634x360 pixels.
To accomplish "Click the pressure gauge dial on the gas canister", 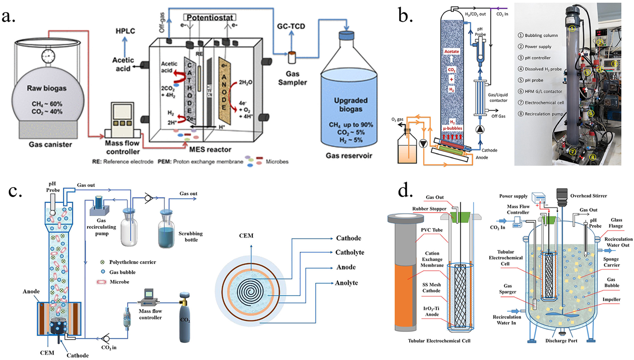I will click(48, 56).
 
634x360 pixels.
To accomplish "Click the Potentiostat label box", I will click(210, 17).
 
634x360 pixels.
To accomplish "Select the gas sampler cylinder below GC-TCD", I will click(292, 57).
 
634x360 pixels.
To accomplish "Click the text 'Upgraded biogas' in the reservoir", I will click(350, 105).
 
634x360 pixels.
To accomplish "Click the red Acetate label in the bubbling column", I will click(452, 52).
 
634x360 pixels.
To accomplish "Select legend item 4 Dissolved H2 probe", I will click(540, 69).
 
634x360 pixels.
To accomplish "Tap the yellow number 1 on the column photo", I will click(572, 28).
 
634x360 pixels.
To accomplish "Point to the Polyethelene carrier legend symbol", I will click(102, 262).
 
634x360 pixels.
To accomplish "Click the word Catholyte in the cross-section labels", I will click(349, 252).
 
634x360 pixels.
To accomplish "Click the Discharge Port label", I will click(561, 341).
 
